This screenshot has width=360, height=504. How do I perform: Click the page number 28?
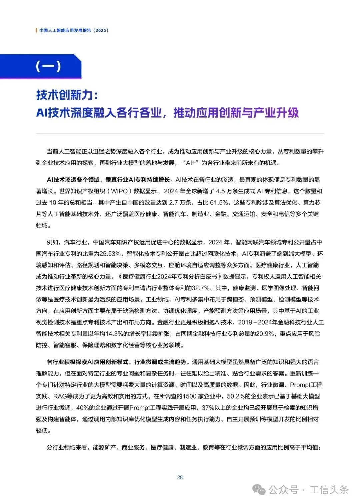[x=180, y=477]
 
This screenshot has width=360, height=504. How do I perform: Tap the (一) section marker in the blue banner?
[x=48, y=66]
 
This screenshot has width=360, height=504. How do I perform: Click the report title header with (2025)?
[x=74, y=30]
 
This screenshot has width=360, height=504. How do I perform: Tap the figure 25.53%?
[x=110, y=254]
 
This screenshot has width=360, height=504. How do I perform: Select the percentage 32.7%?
[x=201, y=288]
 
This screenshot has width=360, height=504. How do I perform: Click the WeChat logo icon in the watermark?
[x=259, y=490]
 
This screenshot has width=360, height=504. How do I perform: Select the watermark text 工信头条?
[x=329, y=490]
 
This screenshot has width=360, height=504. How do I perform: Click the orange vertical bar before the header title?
[x=36, y=30]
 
